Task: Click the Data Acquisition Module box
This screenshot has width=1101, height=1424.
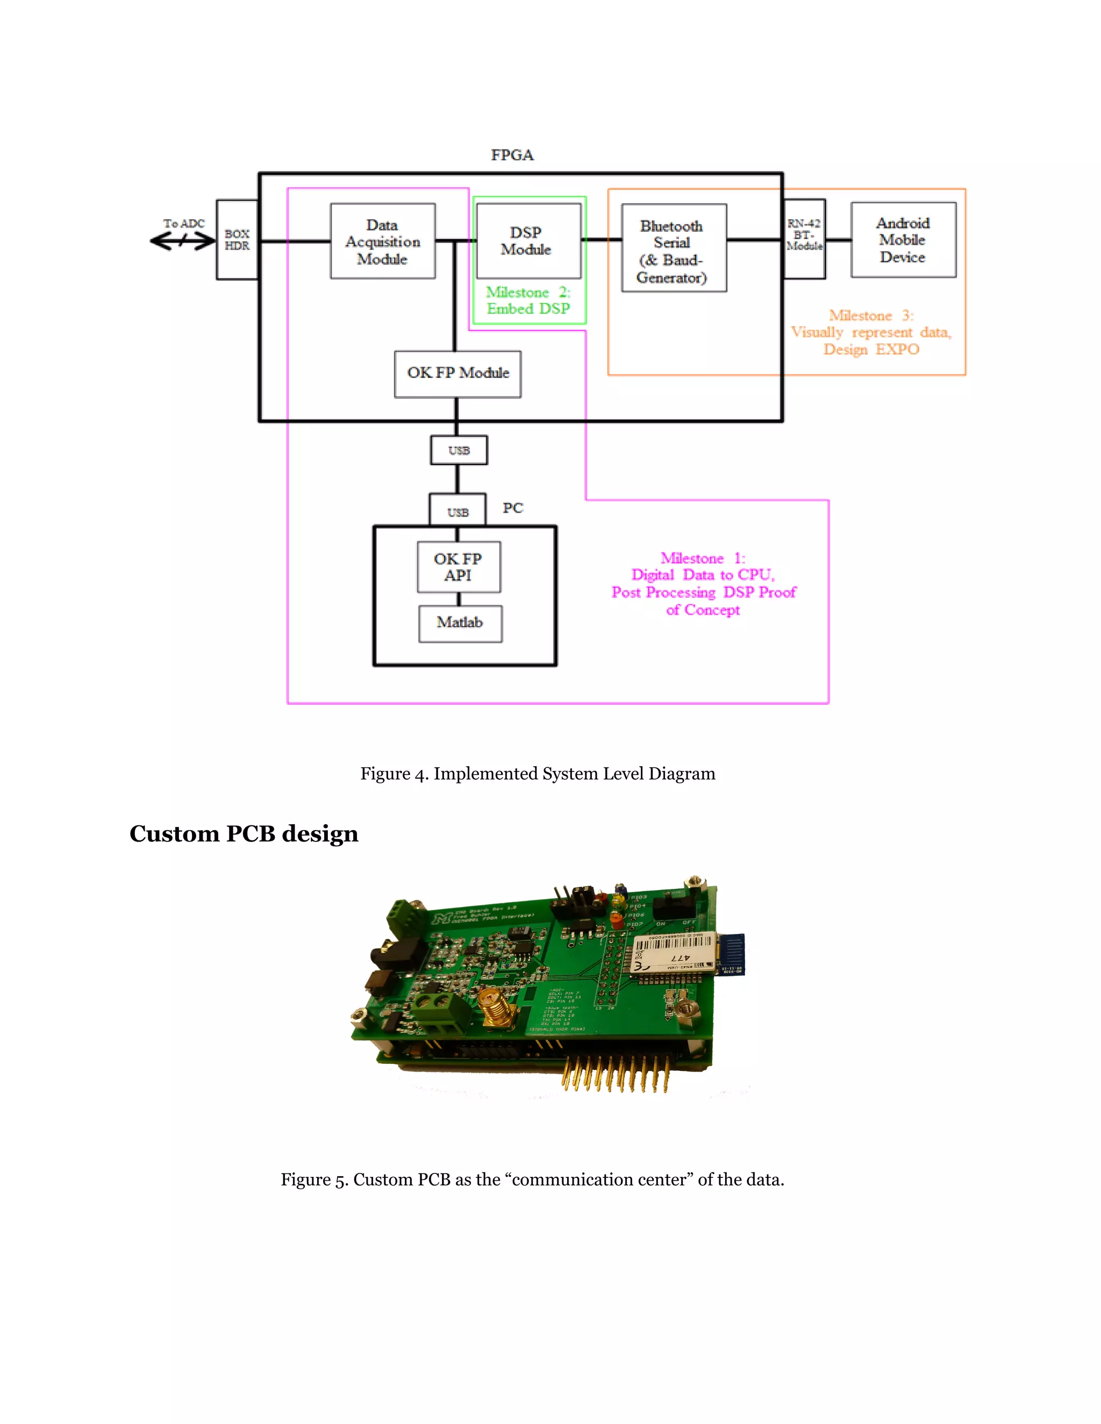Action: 382,241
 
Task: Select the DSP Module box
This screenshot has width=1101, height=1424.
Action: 528,241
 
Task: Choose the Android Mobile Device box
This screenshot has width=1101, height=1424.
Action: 903,240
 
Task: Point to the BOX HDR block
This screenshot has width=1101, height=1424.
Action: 237,240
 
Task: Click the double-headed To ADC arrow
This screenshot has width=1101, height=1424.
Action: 183,241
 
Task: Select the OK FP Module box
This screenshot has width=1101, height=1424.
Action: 457,373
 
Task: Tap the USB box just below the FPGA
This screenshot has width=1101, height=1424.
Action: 459,450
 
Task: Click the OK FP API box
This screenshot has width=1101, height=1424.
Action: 459,566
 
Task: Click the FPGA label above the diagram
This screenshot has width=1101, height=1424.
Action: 512,155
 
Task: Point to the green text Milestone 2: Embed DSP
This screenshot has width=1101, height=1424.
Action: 528,300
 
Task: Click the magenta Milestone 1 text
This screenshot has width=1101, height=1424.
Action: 703,584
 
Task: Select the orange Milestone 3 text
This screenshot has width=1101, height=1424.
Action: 871,333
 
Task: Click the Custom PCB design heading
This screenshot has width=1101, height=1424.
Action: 244,834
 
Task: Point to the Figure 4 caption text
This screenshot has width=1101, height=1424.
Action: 538,774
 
